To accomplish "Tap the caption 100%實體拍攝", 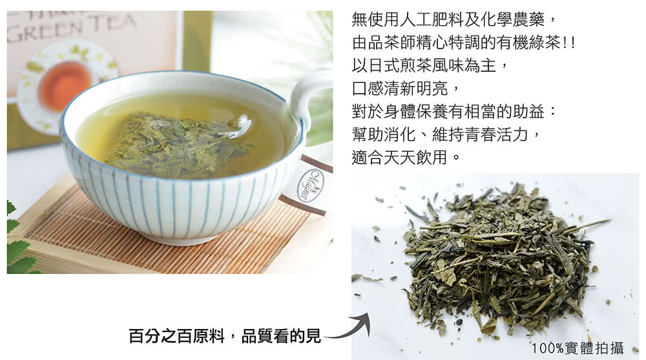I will pos(577,348).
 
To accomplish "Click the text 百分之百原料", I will pos(176,336).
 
